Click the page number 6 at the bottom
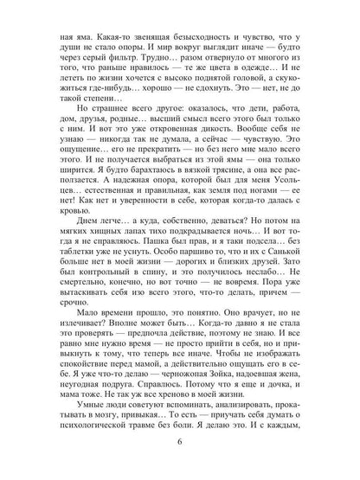[x=179, y=444]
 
